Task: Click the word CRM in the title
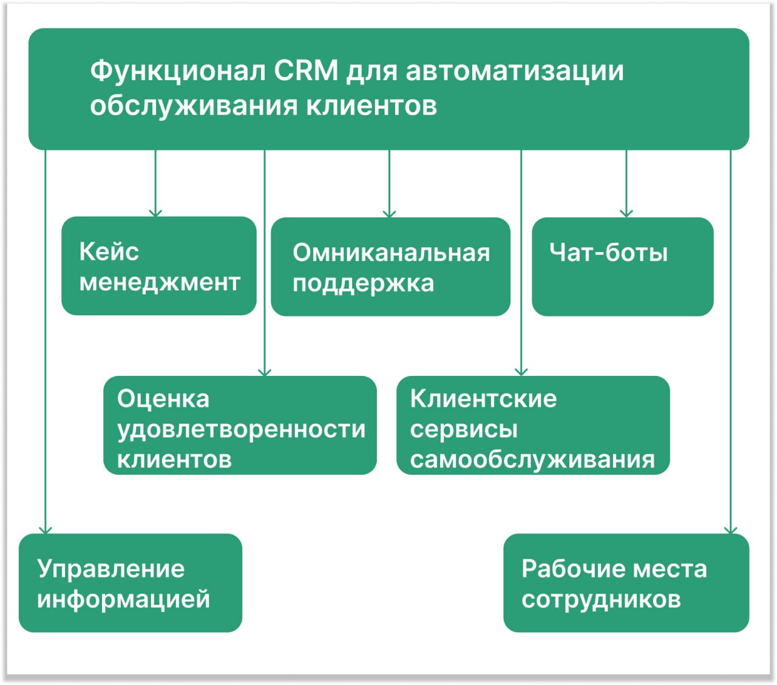tap(305, 70)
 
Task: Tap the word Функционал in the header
tap(178, 70)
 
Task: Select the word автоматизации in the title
tap(514, 70)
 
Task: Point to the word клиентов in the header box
tap(371, 106)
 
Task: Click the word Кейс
tap(109, 251)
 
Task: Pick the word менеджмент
tap(160, 282)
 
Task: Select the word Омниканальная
tap(391, 253)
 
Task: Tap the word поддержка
tap(363, 283)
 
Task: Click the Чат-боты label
tap(608, 253)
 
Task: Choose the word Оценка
tap(163, 399)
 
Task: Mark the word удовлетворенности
tap(241, 429)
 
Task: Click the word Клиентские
tap(483, 399)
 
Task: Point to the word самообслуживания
tap(532, 460)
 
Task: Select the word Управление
tap(111, 569)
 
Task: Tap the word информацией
tap(123, 599)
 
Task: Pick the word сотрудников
tap(601, 599)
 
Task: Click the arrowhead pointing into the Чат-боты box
tap(626, 213)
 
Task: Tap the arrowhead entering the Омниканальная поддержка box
tap(390, 213)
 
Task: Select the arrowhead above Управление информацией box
tap(46, 530)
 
